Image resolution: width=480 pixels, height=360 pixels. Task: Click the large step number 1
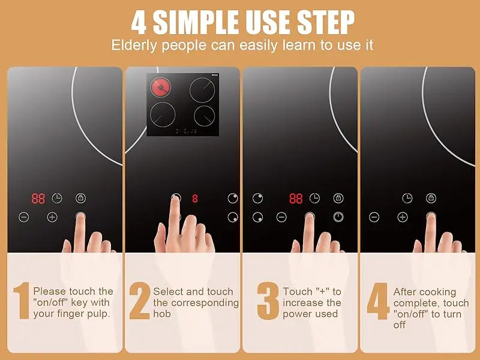(x=22, y=301)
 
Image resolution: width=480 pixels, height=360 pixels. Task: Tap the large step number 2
(x=140, y=301)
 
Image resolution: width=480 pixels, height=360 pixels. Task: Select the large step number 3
(x=268, y=301)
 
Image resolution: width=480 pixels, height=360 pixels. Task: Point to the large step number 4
(x=379, y=301)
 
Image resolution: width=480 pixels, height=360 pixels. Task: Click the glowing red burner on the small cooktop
(x=160, y=87)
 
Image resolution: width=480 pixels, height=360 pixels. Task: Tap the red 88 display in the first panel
(x=38, y=199)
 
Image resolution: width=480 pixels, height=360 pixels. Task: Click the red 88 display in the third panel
(x=296, y=199)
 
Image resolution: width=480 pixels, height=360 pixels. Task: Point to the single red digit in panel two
(x=195, y=199)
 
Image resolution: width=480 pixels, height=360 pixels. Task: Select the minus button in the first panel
(x=24, y=217)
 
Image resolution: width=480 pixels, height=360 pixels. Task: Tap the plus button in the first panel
(x=52, y=217)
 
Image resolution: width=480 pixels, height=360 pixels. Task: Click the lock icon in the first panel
(x=80, y=198)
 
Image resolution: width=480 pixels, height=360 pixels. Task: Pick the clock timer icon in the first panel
(x=56, y=199)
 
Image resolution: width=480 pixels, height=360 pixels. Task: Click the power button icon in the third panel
(x=338, y=217)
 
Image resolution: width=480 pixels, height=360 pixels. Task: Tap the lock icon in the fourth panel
(x=431, y=198)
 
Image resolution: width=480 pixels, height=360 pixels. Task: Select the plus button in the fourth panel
(x=403, y=217)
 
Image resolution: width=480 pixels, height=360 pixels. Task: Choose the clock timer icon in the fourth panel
(x=407, y=198)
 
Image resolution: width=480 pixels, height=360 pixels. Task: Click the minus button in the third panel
(x=281, y=217)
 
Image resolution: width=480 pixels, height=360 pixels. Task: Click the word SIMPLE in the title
(x=196, y=22)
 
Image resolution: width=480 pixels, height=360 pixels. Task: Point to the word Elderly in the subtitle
(x=134, y=46)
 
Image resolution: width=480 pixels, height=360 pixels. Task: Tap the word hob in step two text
(x=162, y=314)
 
